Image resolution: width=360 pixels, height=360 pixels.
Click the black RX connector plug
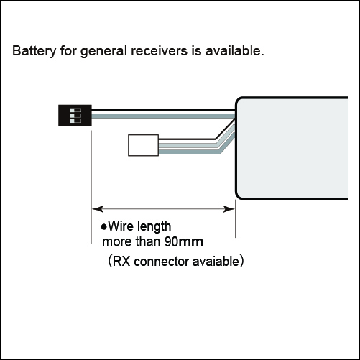coord(75,116)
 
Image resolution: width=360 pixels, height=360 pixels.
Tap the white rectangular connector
coord(144,145)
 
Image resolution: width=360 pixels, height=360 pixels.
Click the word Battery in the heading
coord(34,51)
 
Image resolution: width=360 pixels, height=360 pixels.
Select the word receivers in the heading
coord(159,51)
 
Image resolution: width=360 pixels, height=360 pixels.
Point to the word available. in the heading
coord(234,51)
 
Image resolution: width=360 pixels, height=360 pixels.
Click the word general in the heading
coord(103,52)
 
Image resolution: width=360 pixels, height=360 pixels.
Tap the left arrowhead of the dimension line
coord(98,209)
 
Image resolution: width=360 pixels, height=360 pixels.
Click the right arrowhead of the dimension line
coord(229,209)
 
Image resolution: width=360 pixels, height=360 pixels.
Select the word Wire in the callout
coord(120,226)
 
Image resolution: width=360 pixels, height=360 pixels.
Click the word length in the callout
coord(154,227)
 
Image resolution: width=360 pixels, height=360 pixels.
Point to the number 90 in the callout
coord(171,242)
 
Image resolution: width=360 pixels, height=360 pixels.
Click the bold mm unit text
coord(190,243)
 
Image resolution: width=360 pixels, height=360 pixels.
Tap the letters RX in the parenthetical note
coord(121,262)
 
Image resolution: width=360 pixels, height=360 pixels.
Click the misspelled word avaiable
coord(216,261)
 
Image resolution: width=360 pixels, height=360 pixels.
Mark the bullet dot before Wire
coord(104,227)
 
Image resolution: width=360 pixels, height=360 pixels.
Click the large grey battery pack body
coord(292,148)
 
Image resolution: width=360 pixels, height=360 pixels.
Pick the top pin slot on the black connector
coord(75,111)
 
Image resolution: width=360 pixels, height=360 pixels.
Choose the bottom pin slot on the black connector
coord(75,121)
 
